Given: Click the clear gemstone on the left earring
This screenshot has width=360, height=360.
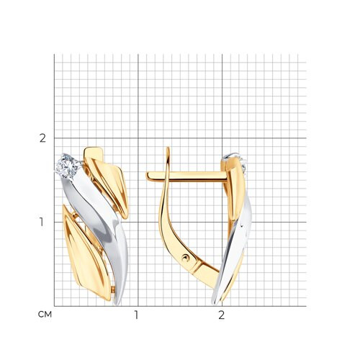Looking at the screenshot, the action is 67,166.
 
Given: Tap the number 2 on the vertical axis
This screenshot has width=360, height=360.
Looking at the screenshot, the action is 42,138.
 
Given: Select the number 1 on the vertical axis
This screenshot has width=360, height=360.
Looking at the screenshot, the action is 42,222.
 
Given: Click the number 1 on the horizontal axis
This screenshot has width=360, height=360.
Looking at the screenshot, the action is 136,315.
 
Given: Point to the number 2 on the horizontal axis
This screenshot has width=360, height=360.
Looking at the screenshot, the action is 221,315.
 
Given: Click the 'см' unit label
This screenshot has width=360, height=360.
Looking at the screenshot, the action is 45,315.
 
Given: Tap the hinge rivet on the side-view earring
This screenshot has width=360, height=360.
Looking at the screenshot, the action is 186,258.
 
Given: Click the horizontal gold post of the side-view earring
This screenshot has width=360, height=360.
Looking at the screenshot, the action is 186,176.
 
